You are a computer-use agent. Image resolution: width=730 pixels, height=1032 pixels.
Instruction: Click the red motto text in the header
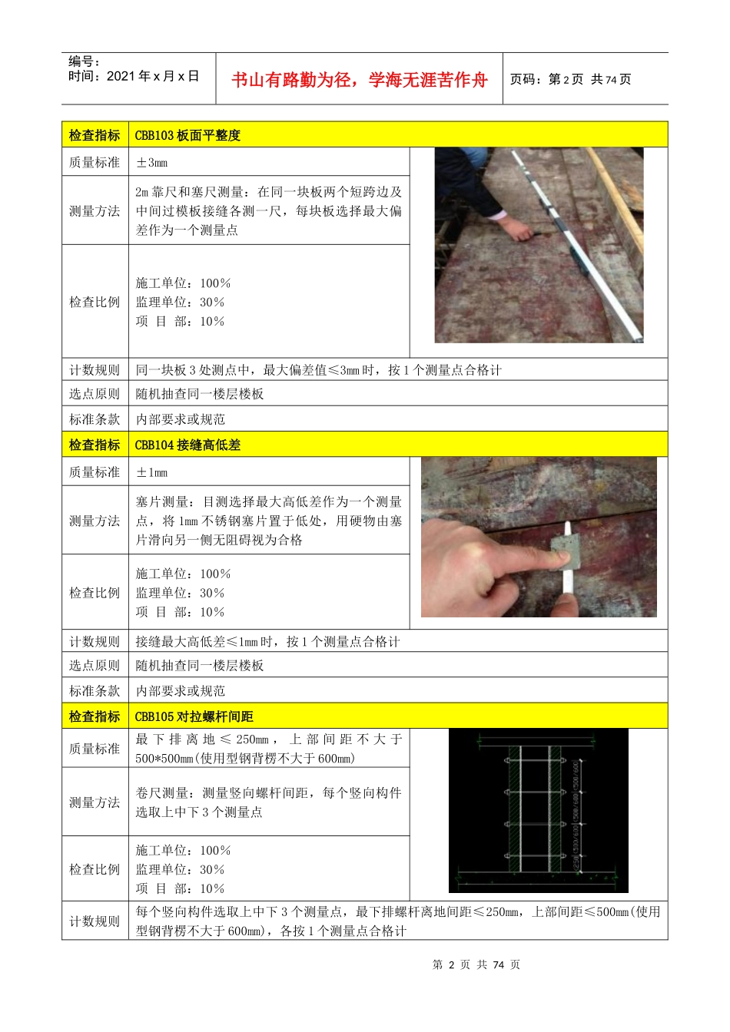coord(359,80)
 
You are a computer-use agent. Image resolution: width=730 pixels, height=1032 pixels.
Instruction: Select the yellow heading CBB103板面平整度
coord(187,135)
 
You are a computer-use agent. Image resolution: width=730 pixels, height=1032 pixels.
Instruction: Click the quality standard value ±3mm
coord(151,162)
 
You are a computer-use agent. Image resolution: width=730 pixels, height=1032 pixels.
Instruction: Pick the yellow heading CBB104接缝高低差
coord(187,445)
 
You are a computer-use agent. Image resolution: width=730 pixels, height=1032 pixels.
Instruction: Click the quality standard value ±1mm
coord(151,472)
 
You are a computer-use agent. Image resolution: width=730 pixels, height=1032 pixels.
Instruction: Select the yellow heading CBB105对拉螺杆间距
coord(194,716)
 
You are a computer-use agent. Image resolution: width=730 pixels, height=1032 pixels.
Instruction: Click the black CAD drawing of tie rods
coord(538,810)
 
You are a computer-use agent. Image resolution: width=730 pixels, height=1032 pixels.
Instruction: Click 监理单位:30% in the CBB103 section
coord(180,303)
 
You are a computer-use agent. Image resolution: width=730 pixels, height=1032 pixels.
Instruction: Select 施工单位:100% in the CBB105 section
coord(183,851)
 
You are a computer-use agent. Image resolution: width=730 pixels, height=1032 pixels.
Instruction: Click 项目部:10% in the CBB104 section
coord(180,612)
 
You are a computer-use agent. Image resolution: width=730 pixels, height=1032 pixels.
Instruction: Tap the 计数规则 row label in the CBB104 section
coord(95,641)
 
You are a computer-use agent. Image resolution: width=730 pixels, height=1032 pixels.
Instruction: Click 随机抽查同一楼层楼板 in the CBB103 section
coord(200,394)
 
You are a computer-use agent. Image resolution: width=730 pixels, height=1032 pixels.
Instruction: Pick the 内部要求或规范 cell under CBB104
coord(181,690)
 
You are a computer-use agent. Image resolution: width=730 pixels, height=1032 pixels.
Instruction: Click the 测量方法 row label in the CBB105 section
coord(95,802)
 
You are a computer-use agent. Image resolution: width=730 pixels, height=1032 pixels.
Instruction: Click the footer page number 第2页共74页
coord(476,964)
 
